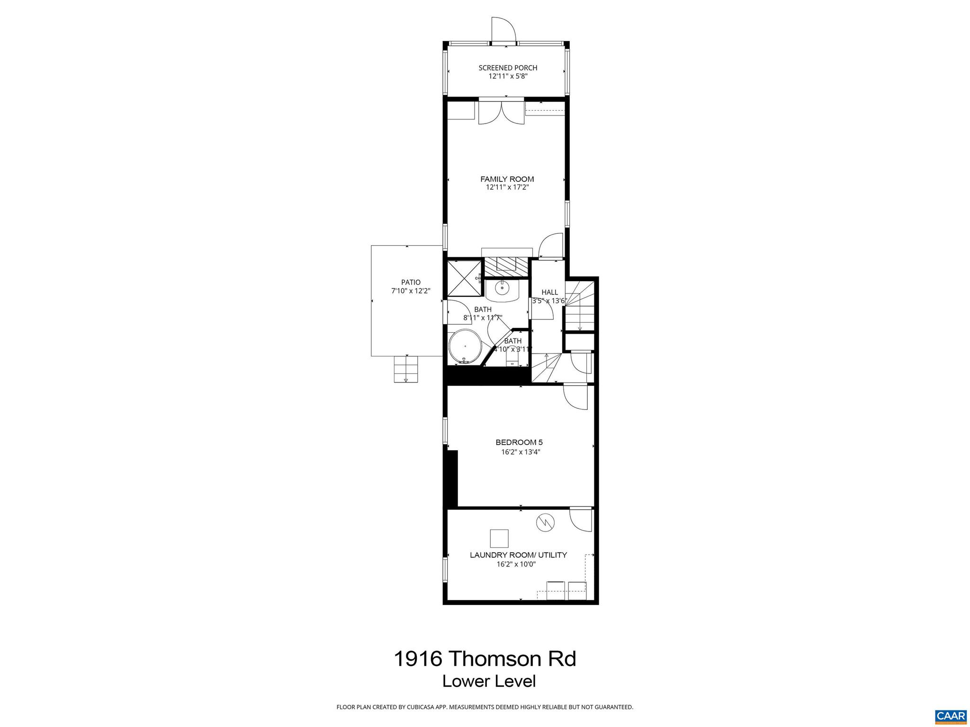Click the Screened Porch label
click(x=508, y=68)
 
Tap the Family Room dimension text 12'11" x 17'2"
click(x=507, y=187)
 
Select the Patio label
click(x=411, y=283)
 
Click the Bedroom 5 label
click(x=519, y=443)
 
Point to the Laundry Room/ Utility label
click(x=518, y=555)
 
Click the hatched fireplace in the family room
click(x=505, y=267)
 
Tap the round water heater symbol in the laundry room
click(x=545, y=523)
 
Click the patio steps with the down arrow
click(x=406, y=369)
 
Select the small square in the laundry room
click(x=499, y=539)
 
